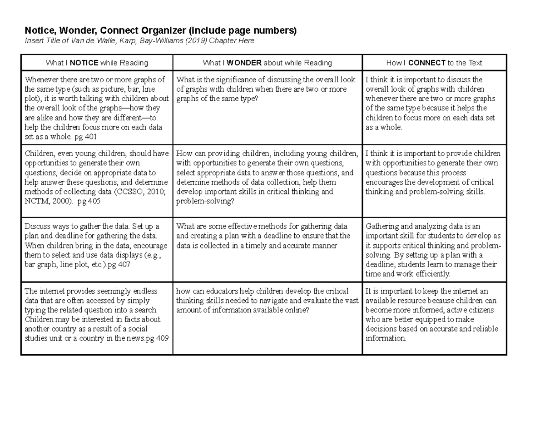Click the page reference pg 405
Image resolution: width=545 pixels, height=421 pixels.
coord(89,201)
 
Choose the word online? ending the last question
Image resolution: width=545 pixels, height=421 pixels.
coord(295,310)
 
